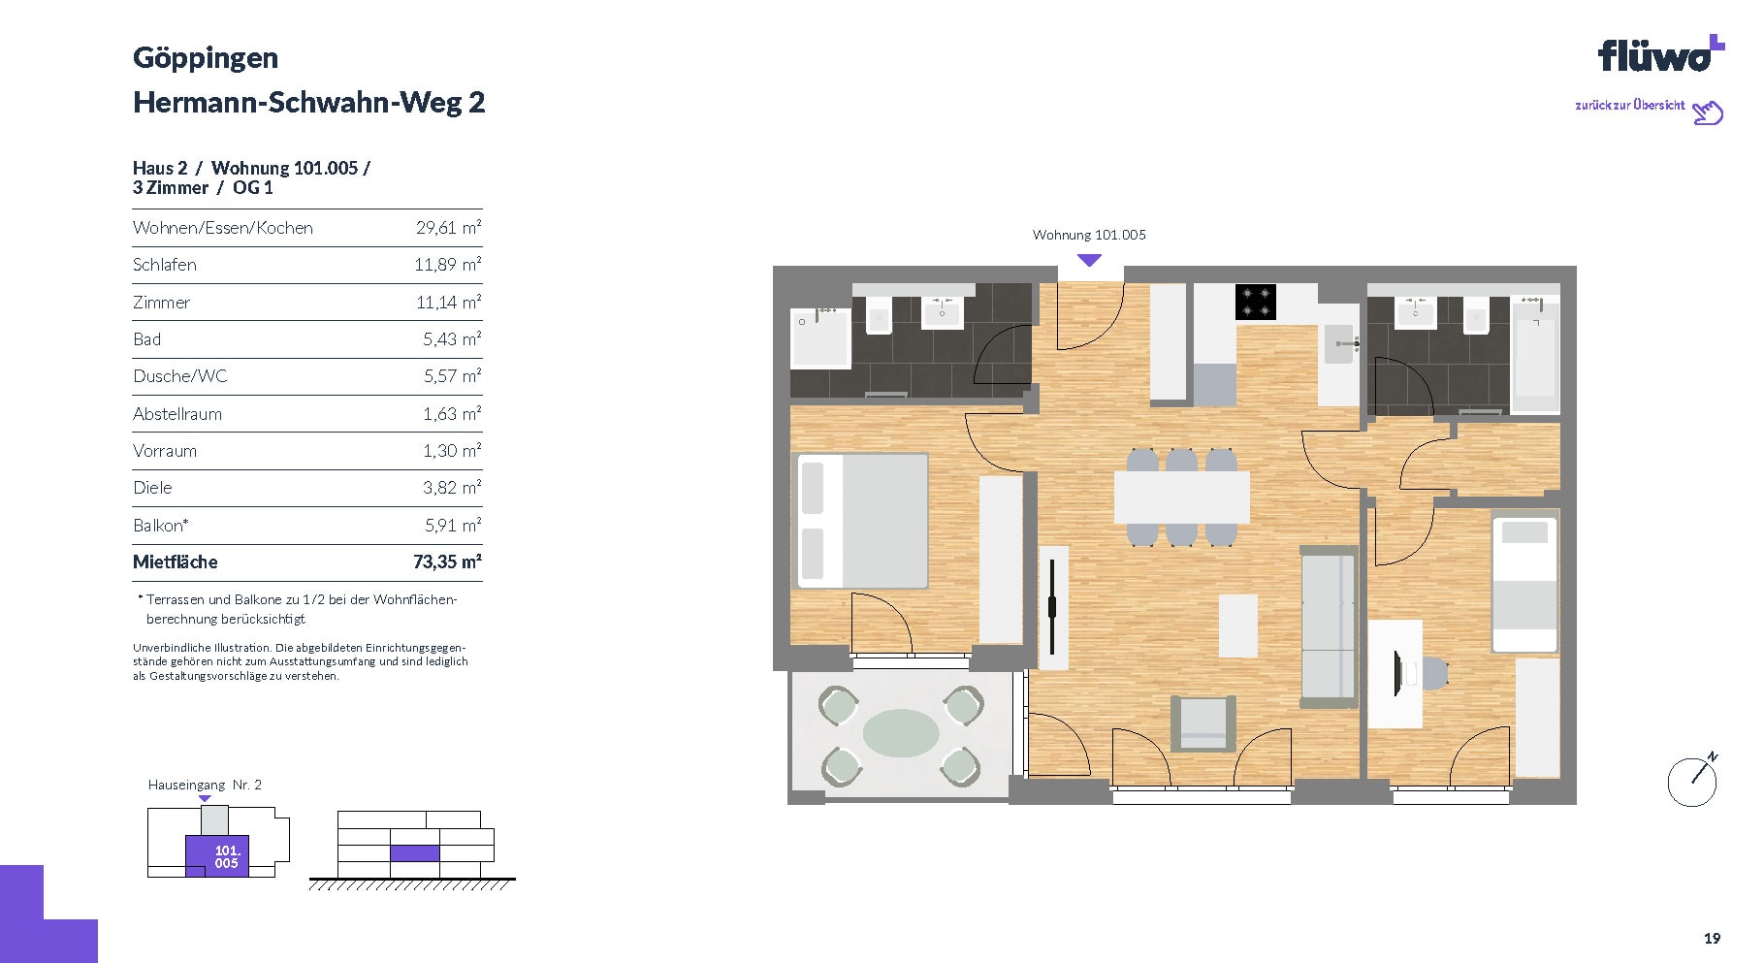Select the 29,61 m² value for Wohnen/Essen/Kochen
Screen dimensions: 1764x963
[x=448, y=228]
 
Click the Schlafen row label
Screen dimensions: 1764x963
[x=165, y=265]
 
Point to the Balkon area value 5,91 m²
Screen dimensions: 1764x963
[x=452, y=525]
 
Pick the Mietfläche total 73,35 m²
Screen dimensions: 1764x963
[x=447, y=562]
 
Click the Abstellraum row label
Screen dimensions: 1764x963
[x=177, y=414]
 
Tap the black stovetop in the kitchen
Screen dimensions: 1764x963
[x=1255, y=302]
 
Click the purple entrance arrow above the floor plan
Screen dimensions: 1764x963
[x=1089, y=260]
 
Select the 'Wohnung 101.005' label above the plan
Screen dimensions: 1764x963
[x=1089, y=235]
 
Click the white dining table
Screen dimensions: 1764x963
[x=1181, y=497]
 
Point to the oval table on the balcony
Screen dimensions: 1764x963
[x=901, y=733]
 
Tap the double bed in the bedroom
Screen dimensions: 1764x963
[x=862, y=521]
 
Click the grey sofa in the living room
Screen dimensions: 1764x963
[x=1329, y=626]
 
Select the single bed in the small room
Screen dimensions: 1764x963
[x=1524, y=584]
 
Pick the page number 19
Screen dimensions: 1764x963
[x=1712, y=938]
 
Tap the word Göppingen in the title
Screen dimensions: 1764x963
[x=206, y=58]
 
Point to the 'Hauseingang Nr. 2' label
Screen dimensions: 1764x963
[x=205, y=785]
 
